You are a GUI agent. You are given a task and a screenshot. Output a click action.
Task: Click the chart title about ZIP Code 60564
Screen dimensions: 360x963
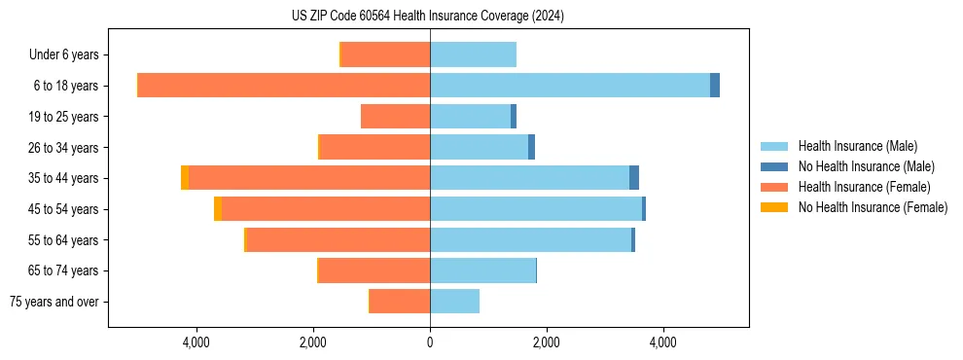(428, 16)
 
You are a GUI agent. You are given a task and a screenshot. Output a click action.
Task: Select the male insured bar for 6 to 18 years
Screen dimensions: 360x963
(569, 86)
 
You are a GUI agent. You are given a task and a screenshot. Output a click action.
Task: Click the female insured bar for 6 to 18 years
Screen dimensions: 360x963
(284, 86)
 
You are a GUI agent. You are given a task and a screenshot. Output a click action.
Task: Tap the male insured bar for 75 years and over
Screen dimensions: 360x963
(454, 302)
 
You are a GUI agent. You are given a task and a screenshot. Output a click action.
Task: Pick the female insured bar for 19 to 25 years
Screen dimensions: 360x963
(395, 117)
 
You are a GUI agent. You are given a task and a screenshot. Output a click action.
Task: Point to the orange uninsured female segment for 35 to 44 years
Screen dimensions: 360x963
(185, 178)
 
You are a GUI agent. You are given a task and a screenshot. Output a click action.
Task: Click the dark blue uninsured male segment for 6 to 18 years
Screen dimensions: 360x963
(715, 86)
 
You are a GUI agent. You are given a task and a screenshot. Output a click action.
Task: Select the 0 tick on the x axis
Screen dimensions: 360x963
(430, 342)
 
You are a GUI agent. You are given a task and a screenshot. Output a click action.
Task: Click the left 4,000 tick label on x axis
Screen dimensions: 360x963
(196, 342)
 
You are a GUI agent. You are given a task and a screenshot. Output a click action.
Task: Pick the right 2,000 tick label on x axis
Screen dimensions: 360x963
(547, 342)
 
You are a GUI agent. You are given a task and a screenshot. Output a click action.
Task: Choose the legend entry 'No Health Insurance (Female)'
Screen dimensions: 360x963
(873, 207)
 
